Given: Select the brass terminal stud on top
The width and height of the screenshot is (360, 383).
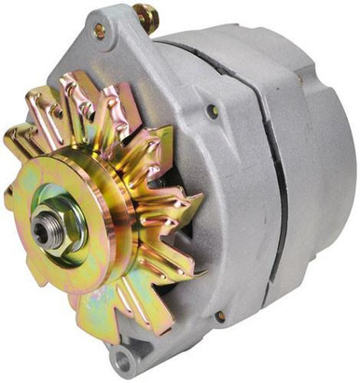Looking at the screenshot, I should point(145,16).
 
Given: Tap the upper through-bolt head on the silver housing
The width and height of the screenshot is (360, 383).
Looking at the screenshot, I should point(214,110).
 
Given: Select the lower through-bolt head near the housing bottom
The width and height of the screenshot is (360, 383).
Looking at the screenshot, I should point(220,316).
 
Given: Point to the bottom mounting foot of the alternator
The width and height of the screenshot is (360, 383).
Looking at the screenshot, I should point(126,354).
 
